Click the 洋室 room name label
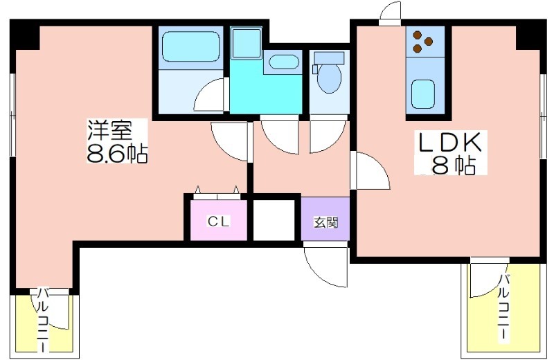point(110,131)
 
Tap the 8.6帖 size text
point(117,153)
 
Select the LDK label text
point(449,143)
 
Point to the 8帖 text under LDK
point(454,165)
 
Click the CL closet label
point(219,222)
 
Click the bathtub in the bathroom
point(191,46)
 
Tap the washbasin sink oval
point(282,62)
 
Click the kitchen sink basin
point(423,94)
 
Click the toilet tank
point(329,57)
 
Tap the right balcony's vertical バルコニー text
point(504,307)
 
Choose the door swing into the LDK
point(372,170)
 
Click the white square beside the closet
point(274,220)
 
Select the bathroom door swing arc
point(209,95)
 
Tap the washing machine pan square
point(247,43)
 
